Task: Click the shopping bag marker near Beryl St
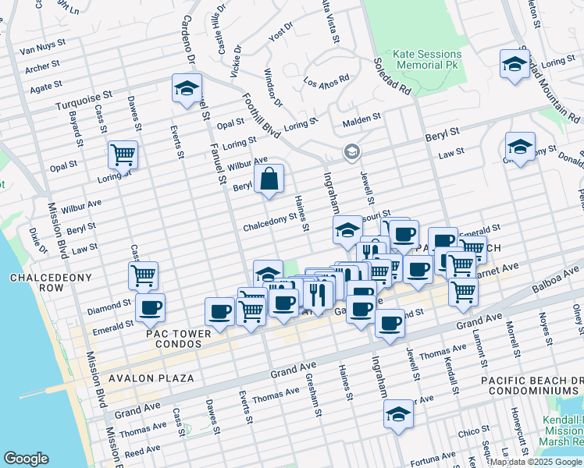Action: pyautogui.click(x=269, y=179)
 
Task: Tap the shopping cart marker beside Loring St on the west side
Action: pyautogui.click(x=123, y=154)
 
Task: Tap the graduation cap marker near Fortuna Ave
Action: pyautogui.click(x=398, y=414)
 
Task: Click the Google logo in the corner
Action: pyautogui.click(x=26, y=459)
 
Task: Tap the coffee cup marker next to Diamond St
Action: pyautogui.click(x=150, y=307)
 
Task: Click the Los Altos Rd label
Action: pyautogui.click(x=326, y=82)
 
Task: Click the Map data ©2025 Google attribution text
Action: pyautogui.click(x=536, y=461)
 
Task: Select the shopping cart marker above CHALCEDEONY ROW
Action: pyautogui.click(x=143, y=275)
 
